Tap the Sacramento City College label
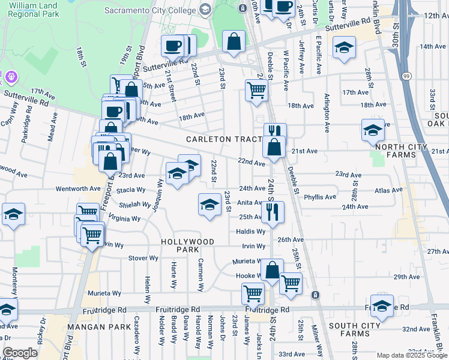coord(151,10)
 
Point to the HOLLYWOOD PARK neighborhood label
coord(187,241)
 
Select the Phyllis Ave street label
coord(320,197)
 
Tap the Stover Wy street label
coord(143,258)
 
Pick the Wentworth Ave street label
coord(79,188)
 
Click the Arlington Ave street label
coord(327,112)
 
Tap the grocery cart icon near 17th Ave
coord(256,90)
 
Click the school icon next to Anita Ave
coord(209,205)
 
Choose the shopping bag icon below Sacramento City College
coord(234,41)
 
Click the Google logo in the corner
coord(20,353)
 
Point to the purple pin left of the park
coord(11,77)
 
